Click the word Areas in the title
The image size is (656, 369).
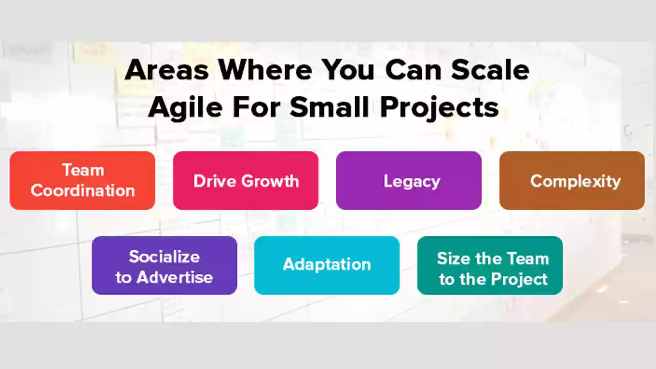(167, 70)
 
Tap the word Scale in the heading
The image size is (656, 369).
(490, 70)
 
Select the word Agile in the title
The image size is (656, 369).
(186, 108)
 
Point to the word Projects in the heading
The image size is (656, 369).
(439, 108)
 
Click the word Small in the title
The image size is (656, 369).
(329, 107)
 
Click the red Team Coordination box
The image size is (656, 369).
(83, 180)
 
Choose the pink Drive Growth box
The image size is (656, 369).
(245, 180)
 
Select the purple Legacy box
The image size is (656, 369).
(409, 180)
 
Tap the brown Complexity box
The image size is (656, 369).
(572, 180)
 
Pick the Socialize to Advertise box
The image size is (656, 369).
(165, 265)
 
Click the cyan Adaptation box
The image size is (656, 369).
(327, 265)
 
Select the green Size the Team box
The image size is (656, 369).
(490, 265)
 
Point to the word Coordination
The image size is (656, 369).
(83, 191)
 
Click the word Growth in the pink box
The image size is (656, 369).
(270, 181)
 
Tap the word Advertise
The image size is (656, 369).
(175, 277)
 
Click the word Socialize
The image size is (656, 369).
(165, 257)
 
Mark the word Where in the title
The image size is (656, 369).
(265, 70)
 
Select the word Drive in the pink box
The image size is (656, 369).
(215, 181)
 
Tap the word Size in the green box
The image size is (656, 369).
(454, 259)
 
